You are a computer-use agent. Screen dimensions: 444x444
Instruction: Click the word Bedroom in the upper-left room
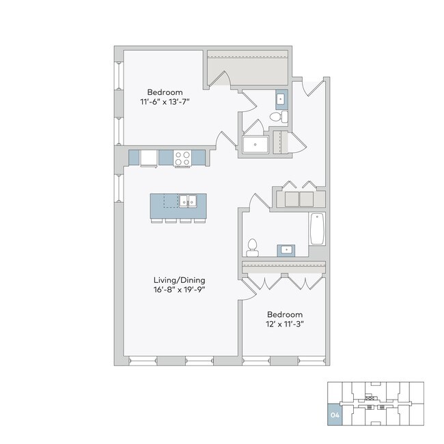coord(165,92)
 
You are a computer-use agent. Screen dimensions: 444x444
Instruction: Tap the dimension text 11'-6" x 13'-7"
coord(165,102)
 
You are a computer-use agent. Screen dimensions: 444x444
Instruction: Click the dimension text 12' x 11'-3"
coord(284,324)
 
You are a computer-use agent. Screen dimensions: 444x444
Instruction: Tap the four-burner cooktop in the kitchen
coord(182,158)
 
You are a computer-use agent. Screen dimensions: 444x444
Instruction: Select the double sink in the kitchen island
coord(188,201)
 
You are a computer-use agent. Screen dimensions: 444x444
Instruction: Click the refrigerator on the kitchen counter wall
coord(149,158)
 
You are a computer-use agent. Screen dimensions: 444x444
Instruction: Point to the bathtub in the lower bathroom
coord(317,229)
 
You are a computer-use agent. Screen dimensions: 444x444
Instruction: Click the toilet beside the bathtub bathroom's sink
coord(252,246)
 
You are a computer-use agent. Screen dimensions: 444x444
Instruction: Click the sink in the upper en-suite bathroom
coord(281,99)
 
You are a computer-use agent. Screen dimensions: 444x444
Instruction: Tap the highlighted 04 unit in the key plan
coord(335,415)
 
